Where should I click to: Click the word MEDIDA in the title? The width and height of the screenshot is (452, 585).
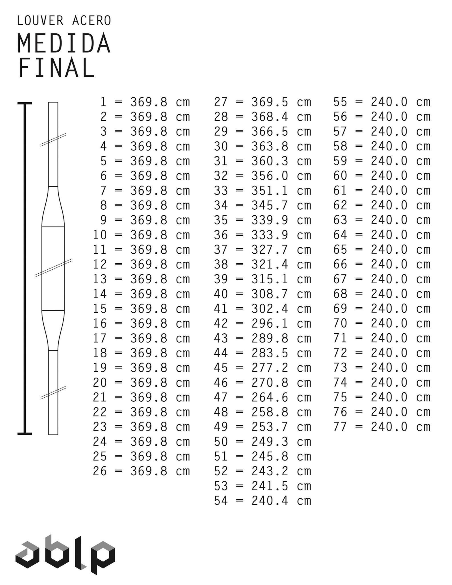[x=64, y=43]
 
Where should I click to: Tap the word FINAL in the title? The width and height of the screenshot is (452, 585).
[x=56, y=68]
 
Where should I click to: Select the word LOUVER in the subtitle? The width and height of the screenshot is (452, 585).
[x=40, y=21]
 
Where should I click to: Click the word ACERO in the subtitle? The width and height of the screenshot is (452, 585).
[x=91, y=21]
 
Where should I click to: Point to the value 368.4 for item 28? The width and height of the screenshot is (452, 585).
[x=270, y=117]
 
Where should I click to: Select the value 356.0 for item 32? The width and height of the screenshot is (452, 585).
[x=270, y=176]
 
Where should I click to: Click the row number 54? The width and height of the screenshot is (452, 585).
[x=221, y=501]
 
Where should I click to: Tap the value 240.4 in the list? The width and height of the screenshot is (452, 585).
[x=270, y=501]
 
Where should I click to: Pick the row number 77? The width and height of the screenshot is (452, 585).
[x=340, y=427]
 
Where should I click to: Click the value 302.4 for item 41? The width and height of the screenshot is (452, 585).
[x=270, y=309]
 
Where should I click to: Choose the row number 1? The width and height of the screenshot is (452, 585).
[x=103, y=102]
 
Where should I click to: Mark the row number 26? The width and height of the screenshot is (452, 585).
[x=100, y=471]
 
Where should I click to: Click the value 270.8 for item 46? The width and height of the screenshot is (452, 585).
[x=270, y=382]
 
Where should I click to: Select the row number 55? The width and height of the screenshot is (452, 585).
[x=340, y=102]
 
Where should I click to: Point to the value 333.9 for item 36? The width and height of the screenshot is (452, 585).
[x=270, y=235]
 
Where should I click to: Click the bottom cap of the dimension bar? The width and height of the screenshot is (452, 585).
[x=25, y=434]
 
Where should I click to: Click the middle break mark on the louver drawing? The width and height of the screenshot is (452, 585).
[x=53, y=268]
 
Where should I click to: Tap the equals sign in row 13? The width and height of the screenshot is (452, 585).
[x=119, y=279]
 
